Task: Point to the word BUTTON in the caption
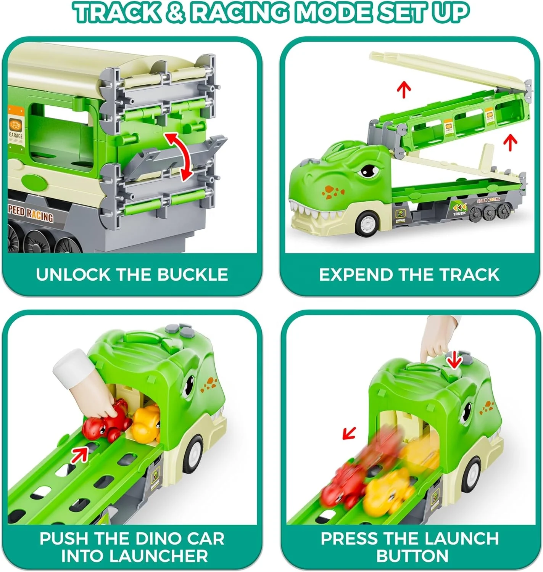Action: pyautogui.click(x=412, y=556)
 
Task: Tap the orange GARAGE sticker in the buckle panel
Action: pyautogui.click(x=16, y=125)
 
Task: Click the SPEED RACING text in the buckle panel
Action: pyautogui.click(x=31, y=214)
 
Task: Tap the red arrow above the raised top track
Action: pyautogui.click(x=404, y=90)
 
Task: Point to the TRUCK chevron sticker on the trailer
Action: pyautogui.click(x=459, y=209)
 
